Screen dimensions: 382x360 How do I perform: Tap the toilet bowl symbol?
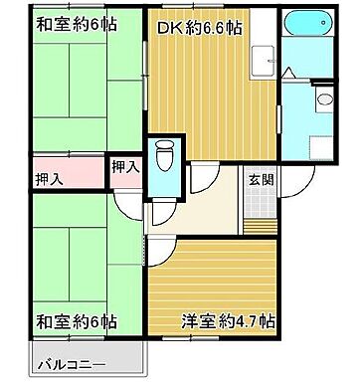point(164,156)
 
